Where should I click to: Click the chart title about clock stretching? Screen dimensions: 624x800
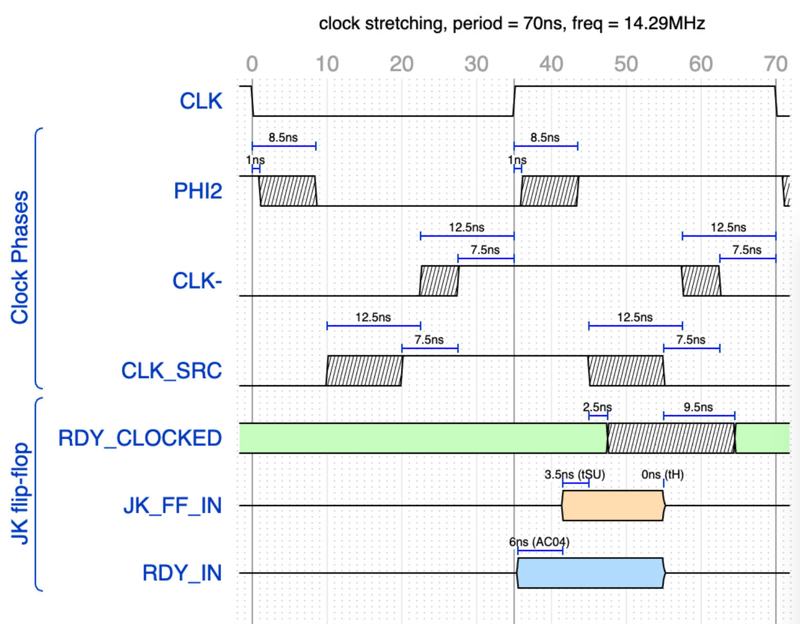pos(511,24)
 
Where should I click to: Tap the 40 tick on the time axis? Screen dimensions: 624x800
pos(551,64)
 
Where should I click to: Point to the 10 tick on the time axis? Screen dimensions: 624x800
pos(327,64)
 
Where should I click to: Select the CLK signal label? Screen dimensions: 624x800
pos(201,101)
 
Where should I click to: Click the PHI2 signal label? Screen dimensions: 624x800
pos(198,191)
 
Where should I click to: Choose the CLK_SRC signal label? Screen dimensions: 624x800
pos(171,371)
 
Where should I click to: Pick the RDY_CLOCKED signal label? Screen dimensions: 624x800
pos(139,438)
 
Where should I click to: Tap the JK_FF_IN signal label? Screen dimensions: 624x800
pos(172,505)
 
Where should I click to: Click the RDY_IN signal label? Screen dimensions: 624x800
pos(182,573)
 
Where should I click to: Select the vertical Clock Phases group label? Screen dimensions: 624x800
pos(20,258)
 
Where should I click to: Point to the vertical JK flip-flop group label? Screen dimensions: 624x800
pos(20,493)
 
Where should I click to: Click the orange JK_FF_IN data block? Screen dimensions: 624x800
pos(613,505)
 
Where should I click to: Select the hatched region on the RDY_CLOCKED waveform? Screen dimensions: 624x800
pos(671,438)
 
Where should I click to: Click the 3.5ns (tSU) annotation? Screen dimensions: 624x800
pos(574,475)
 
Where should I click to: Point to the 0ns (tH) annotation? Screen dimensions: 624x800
pos(662,475)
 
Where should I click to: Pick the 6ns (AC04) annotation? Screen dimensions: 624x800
pos(539,542)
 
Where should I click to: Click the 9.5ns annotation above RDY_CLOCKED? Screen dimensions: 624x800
pos(698,407)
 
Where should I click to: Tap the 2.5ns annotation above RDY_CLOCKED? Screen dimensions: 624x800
pos(597,407)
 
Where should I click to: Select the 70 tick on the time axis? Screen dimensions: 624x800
pos(775,64)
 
